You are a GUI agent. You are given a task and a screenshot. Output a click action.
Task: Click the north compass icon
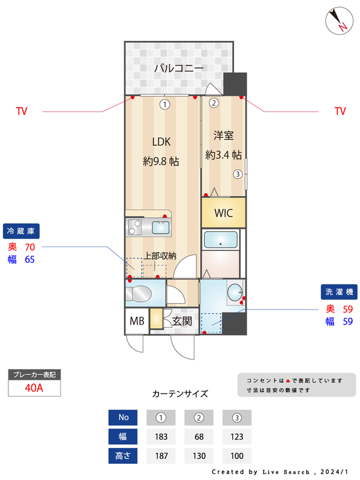tap(340, 20)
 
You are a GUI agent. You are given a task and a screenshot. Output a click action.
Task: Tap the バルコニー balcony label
tap(179, 68)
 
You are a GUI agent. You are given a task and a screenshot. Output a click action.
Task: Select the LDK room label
tap(161, 142)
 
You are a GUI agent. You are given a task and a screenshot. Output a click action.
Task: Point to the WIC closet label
tap(223, 213)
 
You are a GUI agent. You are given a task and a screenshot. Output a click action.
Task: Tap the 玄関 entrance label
tap(182, 321)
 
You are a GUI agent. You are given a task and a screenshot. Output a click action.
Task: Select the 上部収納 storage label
tap(160, 256)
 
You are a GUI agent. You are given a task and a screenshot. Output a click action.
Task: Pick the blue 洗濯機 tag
tap(340, 292)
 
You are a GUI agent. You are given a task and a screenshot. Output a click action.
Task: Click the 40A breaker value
tap(34, 388)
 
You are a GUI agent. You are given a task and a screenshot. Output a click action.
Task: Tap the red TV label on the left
tap(22, 111)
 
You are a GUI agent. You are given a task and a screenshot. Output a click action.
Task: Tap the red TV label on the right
tap(340, 111)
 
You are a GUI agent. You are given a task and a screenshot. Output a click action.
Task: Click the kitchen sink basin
tap(161, 227)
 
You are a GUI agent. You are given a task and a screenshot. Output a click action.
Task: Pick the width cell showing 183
tap(160, 437)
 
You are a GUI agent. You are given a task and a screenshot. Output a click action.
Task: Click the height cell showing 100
tap(236, 456)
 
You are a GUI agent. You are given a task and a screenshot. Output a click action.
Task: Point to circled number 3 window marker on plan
tap(238, 175)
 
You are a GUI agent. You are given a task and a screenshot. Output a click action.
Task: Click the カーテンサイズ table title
tap(180, 394)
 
